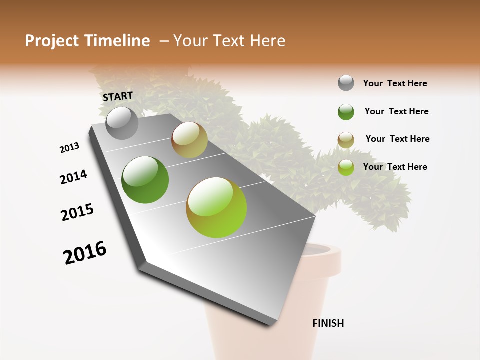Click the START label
[118, 96]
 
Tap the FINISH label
[328, 323]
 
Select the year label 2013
[69, 148]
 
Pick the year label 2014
[73, 177]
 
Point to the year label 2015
[77, 212]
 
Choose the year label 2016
[85, 253]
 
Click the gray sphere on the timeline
[122, 123]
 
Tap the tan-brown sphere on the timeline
[189, 140]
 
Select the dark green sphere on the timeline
[145, 179]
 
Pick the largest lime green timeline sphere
[216, 207]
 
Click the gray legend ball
[346, 83]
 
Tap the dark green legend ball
[346, 112]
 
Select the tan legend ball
[346, 140]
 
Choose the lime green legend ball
[346, 167]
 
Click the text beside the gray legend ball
[395, 83]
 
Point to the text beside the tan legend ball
[397, 139]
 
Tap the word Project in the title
[51, 41]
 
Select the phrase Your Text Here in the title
[229, 41]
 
